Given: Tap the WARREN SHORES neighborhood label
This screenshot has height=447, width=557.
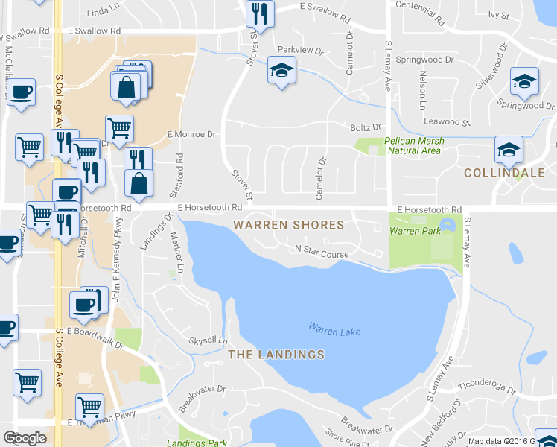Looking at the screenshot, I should [x=289, y=224].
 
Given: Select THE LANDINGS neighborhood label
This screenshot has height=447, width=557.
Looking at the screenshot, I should [x=276, y=355].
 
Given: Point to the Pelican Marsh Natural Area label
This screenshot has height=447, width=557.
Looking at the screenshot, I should [x=414, y=145].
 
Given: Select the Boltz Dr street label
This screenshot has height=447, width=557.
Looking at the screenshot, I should [x=366, y=127].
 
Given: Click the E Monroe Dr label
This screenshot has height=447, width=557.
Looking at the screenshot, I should [x=191, y=134].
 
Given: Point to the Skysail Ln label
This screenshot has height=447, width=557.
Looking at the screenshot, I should [x=208, y=340].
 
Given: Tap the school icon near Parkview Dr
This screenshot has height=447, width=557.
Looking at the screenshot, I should [x=281, y=72].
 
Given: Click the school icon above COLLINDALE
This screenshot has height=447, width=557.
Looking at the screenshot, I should [x=509, y=151].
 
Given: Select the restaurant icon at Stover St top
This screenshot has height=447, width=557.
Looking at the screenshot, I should [x=260, y=12].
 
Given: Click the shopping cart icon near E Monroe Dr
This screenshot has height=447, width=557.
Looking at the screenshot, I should [x=119, y=128].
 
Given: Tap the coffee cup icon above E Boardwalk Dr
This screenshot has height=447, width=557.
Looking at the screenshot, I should [x=83, y=304].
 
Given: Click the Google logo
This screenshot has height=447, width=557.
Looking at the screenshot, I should [x=25, y=438].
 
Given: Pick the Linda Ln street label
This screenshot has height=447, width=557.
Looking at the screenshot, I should [x=103, y=13].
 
